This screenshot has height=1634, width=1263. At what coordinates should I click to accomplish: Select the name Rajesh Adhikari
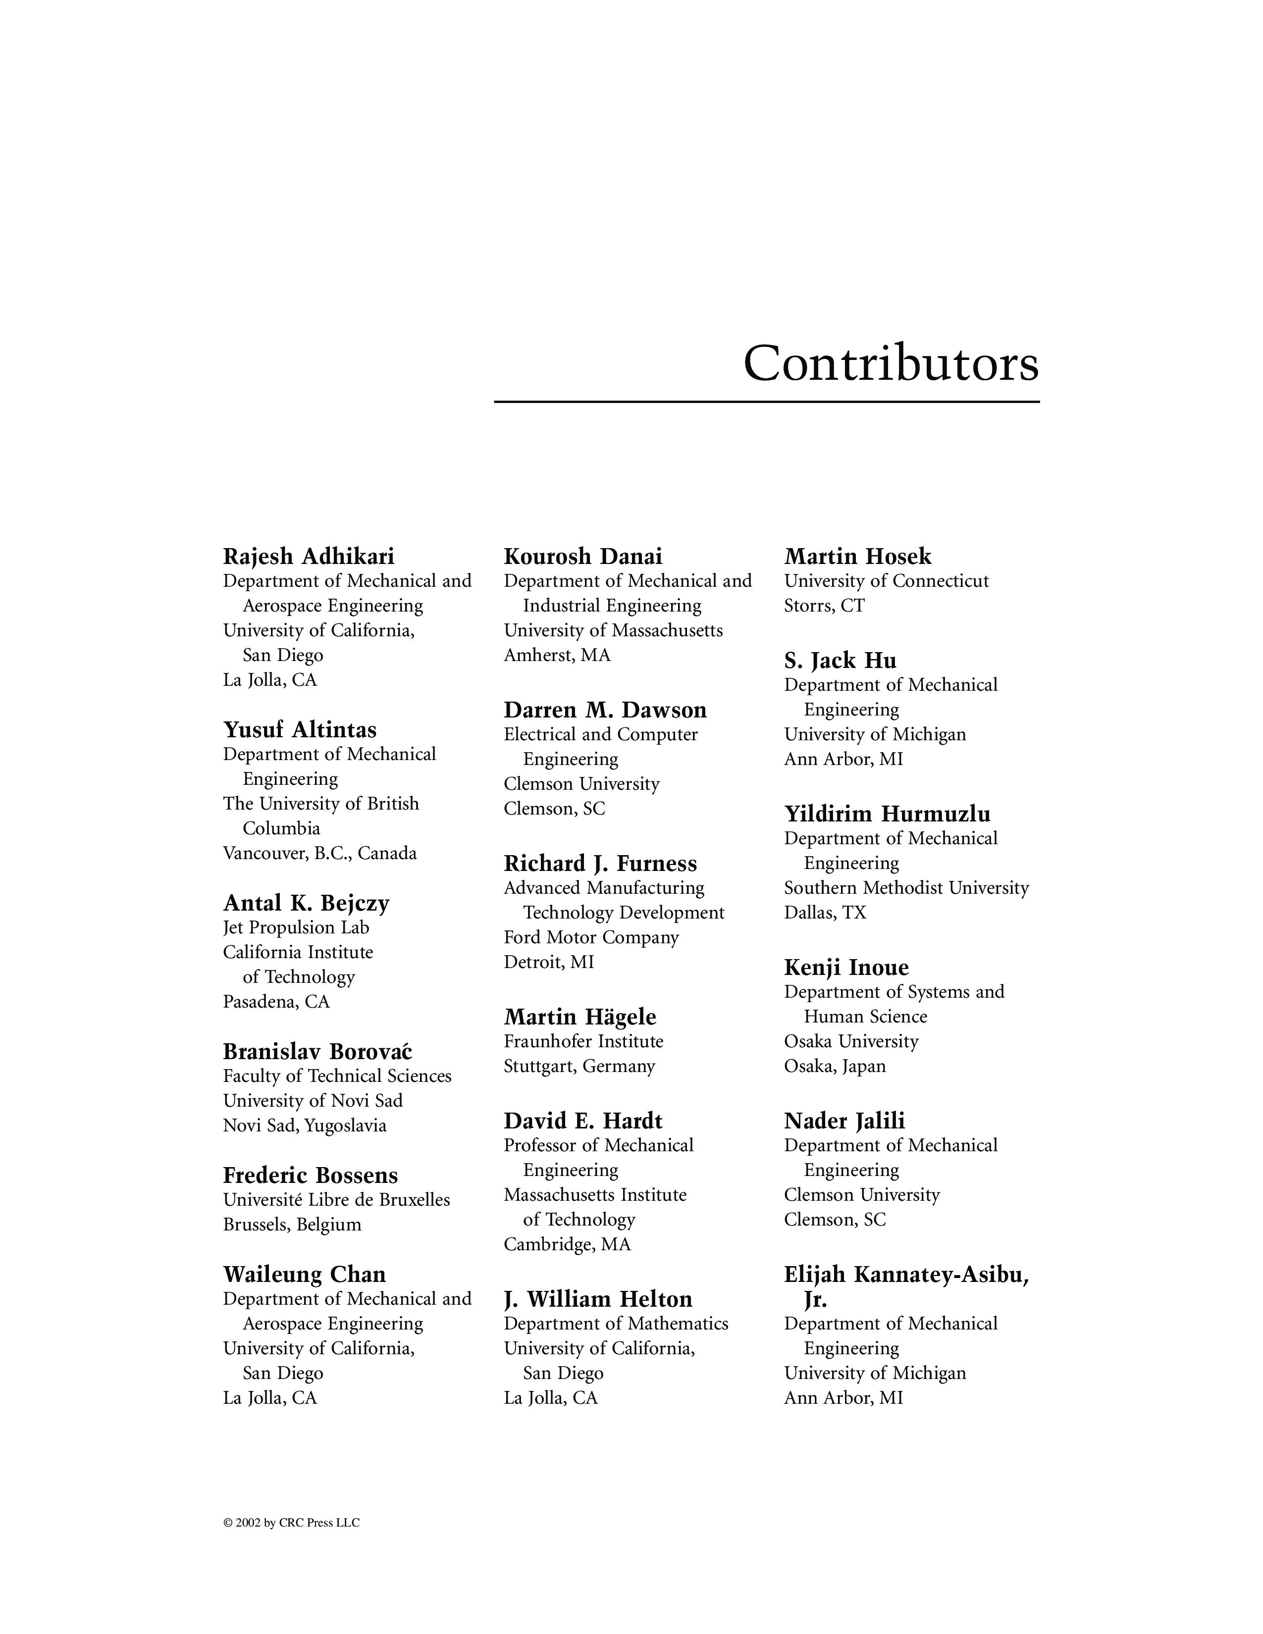(x=308, y=557)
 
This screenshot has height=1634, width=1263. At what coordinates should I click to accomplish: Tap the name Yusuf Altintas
(x=299, y=729)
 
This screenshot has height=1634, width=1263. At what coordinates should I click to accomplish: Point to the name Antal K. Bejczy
(x=306, y=903)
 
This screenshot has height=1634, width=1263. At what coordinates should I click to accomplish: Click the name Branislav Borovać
(x=317, y=1051)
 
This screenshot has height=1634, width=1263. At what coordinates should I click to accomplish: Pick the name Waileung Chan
(x=304, y=1274)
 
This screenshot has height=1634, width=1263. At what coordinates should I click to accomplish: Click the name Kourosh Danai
(x=583, y=557)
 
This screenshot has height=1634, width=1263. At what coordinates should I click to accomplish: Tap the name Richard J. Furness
(x=600, y=864)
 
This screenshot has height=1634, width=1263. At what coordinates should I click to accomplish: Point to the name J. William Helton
(x=598, y=1299)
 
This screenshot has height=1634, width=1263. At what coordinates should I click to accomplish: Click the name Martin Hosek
(x=857, y=557)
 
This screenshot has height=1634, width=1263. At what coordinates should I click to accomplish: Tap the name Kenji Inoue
(x=846, y=968)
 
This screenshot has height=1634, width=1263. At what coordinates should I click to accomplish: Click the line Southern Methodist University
(x=906, y=888)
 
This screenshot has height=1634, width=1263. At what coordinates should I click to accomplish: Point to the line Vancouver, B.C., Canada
(x=319, y=854)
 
